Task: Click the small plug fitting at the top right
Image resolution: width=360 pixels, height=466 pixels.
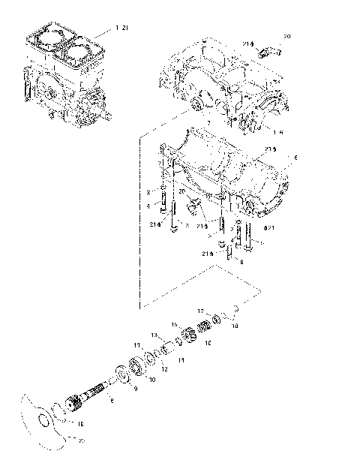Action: (269, 52)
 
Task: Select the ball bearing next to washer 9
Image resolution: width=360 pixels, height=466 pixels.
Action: (136, 367)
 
